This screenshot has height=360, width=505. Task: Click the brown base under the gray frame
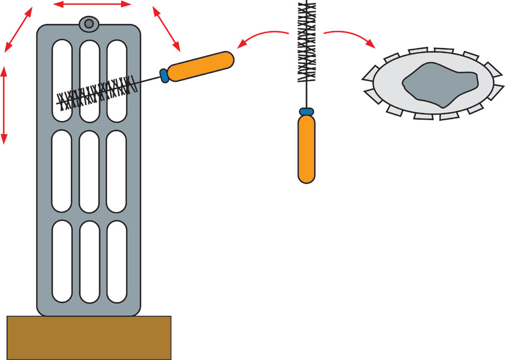[x=89, y=337]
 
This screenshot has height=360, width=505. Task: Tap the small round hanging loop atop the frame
[x=88, y=23]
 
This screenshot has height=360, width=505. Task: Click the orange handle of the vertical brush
[x=307, y=149]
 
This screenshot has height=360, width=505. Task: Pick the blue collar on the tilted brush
[x=164, y=75]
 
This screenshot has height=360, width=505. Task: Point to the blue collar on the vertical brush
[x=307, y=111]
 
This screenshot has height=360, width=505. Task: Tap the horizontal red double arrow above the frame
[x=92, y=5]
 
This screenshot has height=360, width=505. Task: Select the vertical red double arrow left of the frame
[x=5, y=105]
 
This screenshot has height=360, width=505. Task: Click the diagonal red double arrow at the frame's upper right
[x=166, y=29]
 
